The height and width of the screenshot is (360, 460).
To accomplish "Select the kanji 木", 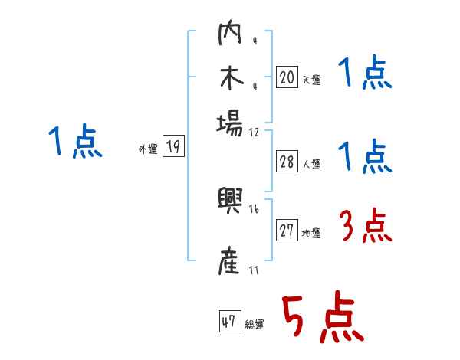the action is point(231,78).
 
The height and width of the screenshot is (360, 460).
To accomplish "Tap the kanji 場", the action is point(231,123).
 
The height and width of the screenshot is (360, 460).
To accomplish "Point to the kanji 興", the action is point(231,204).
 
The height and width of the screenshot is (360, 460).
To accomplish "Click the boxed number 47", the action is point(229,322).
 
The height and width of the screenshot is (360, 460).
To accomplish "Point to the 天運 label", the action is point(312,80).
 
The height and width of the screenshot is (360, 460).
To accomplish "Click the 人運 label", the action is point(312,164).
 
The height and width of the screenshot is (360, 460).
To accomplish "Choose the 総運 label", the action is point(255,324).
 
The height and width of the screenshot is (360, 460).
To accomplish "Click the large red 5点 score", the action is point(321,318).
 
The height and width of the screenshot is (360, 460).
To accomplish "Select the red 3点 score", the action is point(365,227).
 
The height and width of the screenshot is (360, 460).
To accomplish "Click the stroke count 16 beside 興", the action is point(255,209).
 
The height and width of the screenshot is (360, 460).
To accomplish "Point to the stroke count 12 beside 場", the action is point(255,131).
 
